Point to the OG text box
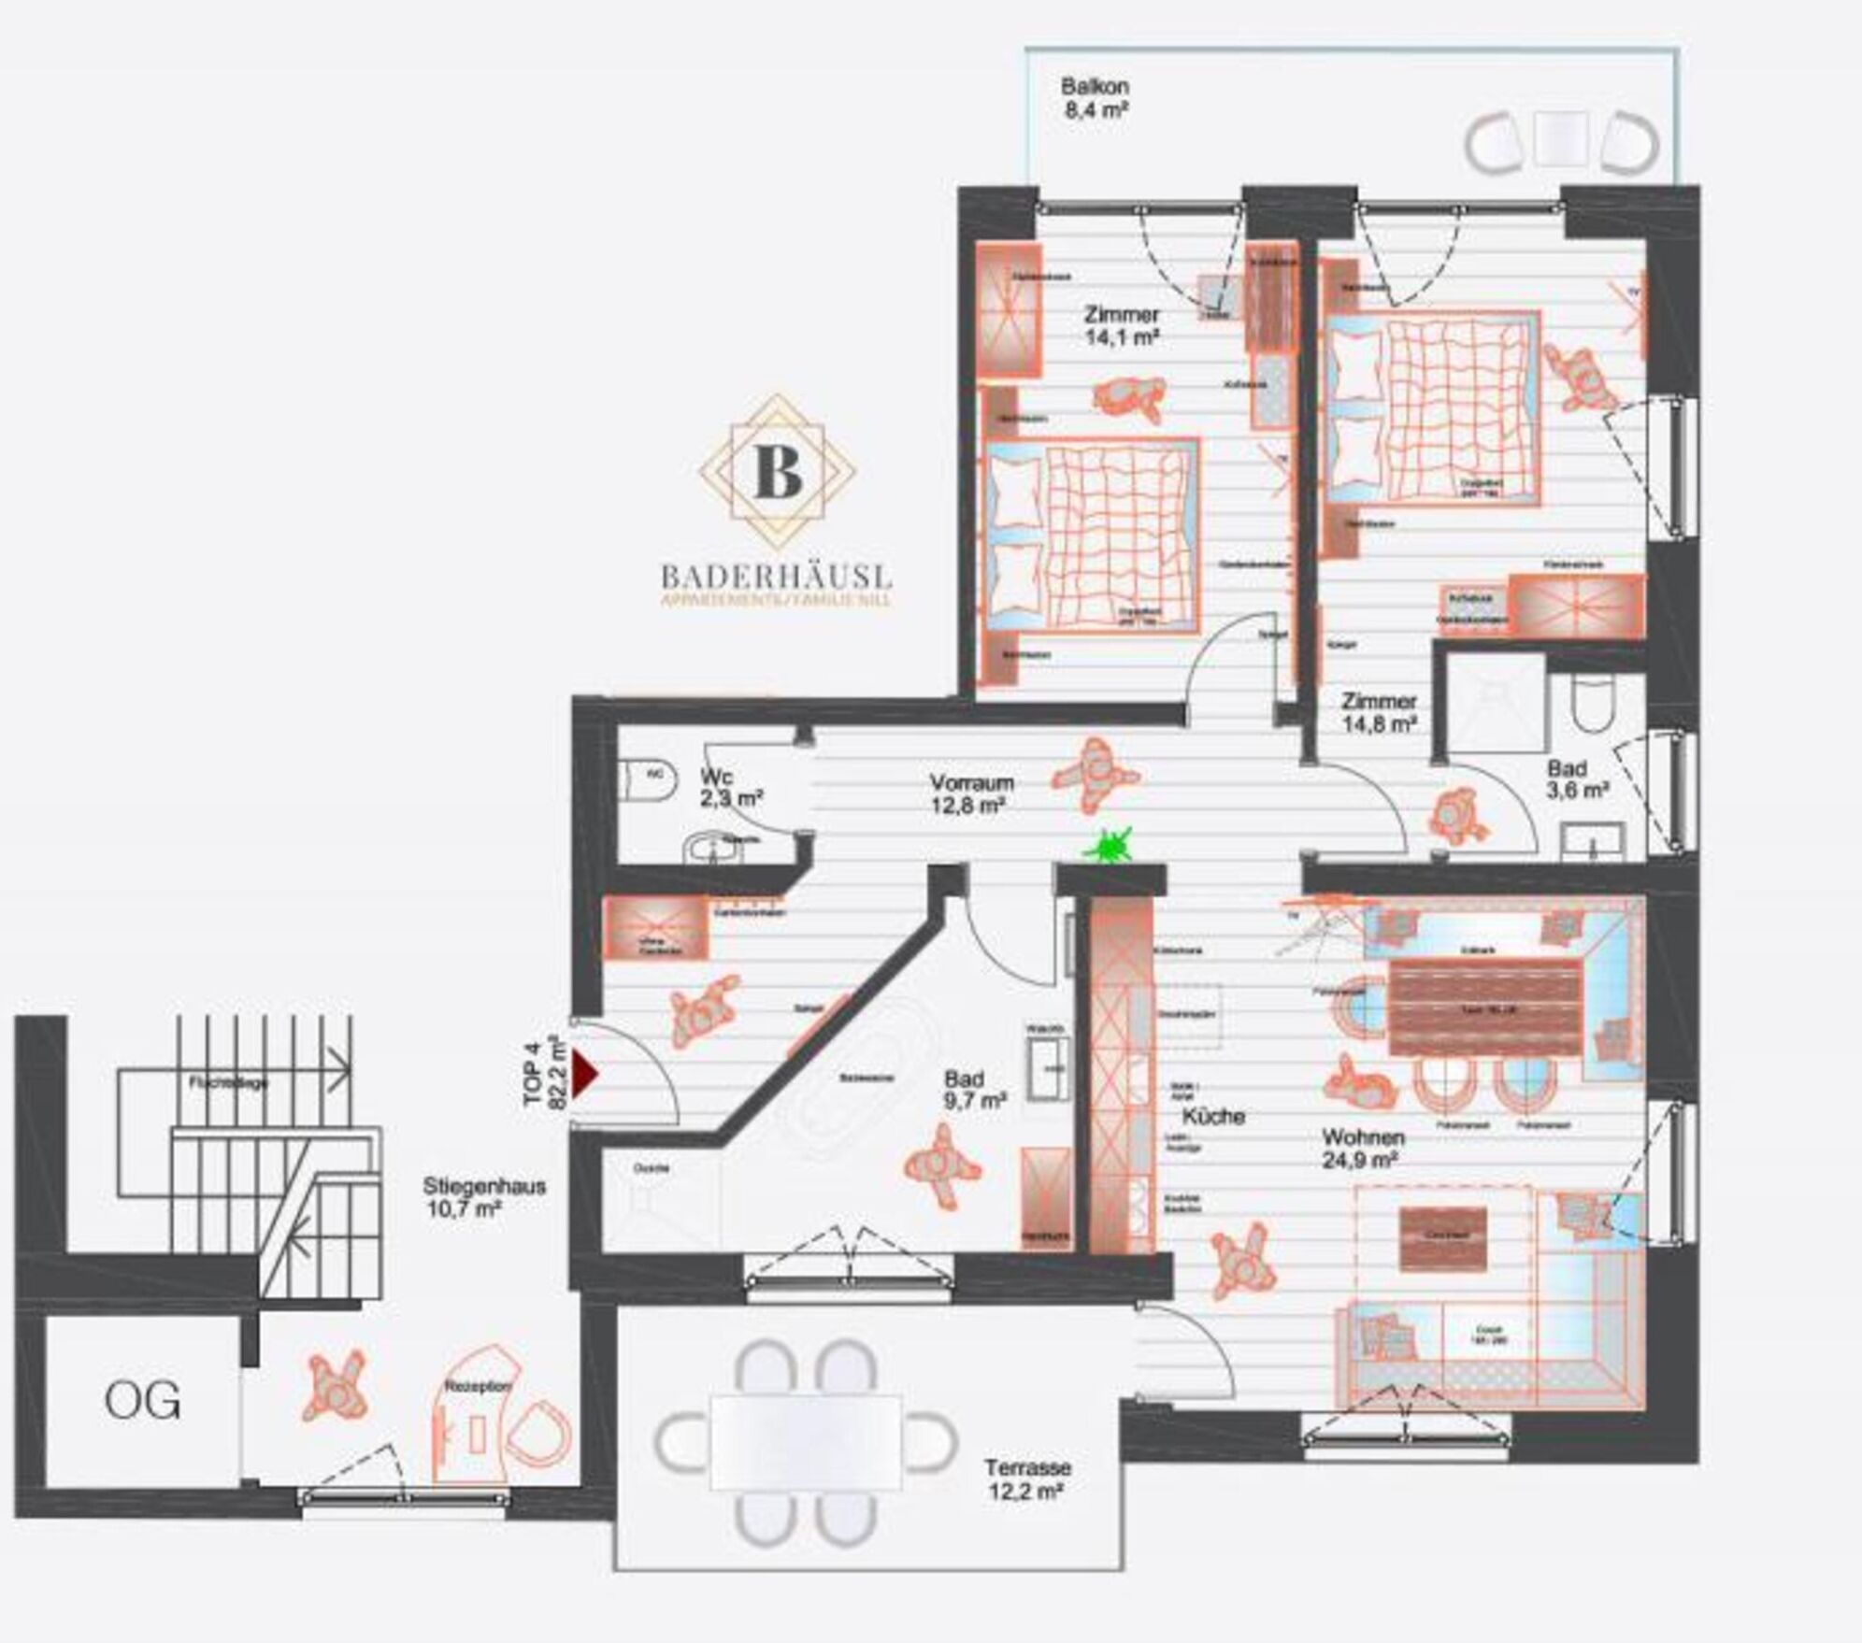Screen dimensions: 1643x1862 [142, 1400]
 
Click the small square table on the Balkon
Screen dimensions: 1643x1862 [1560, 138]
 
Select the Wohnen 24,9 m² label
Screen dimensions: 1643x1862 [1363, 1149]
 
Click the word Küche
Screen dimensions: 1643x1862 [1212, 1116]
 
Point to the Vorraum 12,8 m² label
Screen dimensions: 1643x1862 [971, 793]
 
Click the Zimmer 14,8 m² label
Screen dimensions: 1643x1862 [1379, 711]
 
